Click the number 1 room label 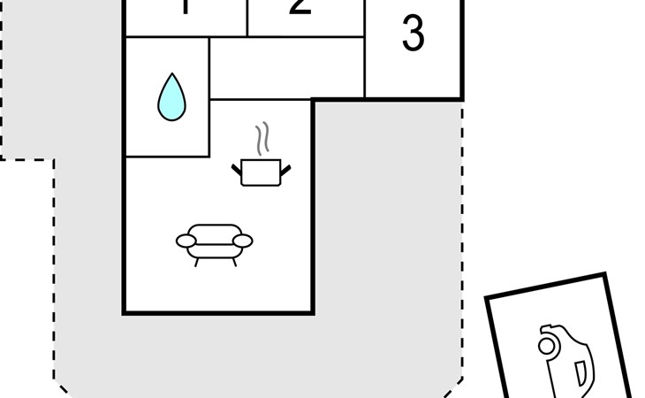[186, 8]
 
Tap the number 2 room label [300, 7]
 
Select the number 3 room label [413, 34]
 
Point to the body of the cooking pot [261, 172]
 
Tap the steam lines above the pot [261, 140]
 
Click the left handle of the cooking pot [237, 166]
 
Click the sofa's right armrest [243, 240]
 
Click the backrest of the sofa [215, 229]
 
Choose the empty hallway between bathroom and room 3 [287, 68]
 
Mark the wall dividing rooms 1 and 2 [247, 18]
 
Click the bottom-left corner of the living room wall [125, 312]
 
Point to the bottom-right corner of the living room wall [313, 312]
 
